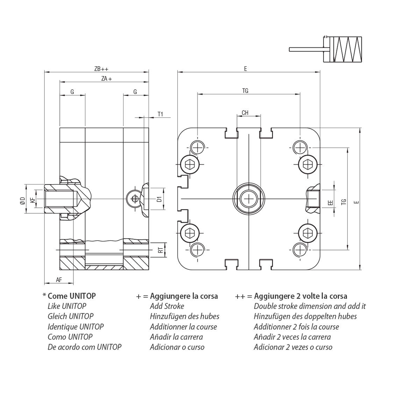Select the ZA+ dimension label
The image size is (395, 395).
click(106, 79)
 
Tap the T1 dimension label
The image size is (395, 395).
click(160, 114)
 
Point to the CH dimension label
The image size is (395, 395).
click(245, 113)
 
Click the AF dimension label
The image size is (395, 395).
click(59, 280)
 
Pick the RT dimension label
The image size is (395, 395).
click(160, 250)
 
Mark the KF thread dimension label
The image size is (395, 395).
click(33, 200)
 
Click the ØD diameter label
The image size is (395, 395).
click(23, 200)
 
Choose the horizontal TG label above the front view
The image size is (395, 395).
click(245, 91)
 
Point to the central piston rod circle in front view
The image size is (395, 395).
click(248, 198)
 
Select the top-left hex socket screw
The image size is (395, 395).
click(189, 164)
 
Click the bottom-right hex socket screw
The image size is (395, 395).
click(307, 231)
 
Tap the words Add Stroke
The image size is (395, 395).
click(167, 306)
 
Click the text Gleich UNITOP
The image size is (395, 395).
click(70, 316)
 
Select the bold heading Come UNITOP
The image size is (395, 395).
click(71, 296)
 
